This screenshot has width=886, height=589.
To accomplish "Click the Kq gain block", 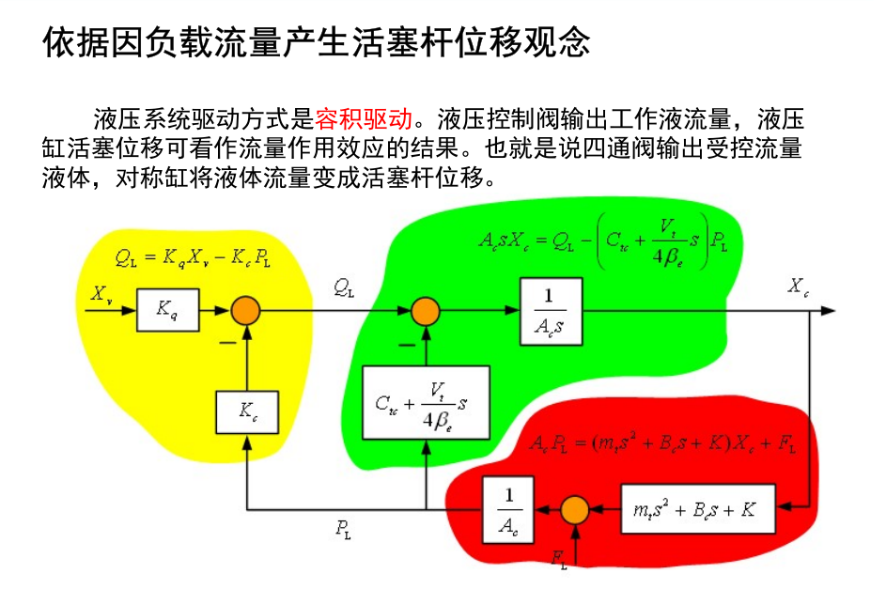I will (x=168, y=309).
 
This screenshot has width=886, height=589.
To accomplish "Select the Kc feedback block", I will (x=247, y=411).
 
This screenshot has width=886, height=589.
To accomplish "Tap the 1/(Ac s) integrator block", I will (x=550, y=309).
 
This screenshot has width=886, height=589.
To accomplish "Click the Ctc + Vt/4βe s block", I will (x=427, y=402).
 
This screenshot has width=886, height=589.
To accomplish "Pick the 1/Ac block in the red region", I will (x=507, y=509).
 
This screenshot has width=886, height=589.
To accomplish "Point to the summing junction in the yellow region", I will (x=247, y=309).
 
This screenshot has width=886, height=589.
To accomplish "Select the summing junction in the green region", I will (x=426, y=309).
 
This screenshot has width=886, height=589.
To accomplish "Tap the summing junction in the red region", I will (x=574, y=510).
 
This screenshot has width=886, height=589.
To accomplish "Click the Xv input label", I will (x=102, y=293).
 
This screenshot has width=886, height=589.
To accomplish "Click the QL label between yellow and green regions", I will (x=344, y=288).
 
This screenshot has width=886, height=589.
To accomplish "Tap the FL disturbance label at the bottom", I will (x=559, y=560).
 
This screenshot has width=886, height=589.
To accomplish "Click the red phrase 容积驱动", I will (x=364, y=119).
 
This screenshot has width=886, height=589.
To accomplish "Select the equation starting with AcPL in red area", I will (x=663, y=443).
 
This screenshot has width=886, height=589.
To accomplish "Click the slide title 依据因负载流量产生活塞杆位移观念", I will (x=317, y=42).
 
